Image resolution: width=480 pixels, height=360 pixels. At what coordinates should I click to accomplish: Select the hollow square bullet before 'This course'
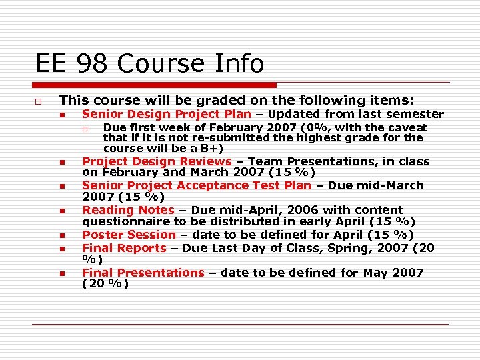(x=40, y=101)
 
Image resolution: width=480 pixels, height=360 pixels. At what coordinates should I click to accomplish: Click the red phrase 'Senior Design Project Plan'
(x=167, y=115)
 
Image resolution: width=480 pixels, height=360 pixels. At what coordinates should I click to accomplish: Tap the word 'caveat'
(x=407, y=127)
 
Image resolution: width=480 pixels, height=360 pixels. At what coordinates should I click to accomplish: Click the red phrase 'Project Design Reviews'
(x=157, y=161)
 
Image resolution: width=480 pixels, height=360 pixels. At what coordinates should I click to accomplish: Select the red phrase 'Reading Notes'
(x=128, y=210)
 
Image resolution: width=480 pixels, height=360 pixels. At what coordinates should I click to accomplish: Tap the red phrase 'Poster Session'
(x=129, y=235)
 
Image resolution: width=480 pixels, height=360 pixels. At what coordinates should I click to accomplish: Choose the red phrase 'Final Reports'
(x=124, y=248)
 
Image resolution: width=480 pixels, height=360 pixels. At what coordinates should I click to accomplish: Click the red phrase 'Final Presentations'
(x=143, y=273)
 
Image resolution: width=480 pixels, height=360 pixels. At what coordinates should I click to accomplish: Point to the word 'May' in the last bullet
(x=377, y=273)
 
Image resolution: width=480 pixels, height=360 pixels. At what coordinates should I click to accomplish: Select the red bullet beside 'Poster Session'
(x=61, y=236)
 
